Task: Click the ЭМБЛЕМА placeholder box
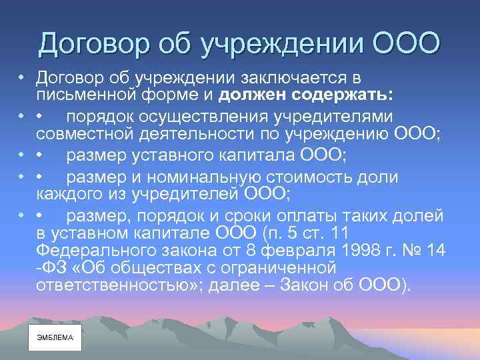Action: [55, 337]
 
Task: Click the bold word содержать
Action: [345, 95]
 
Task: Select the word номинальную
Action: [217, 177]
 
